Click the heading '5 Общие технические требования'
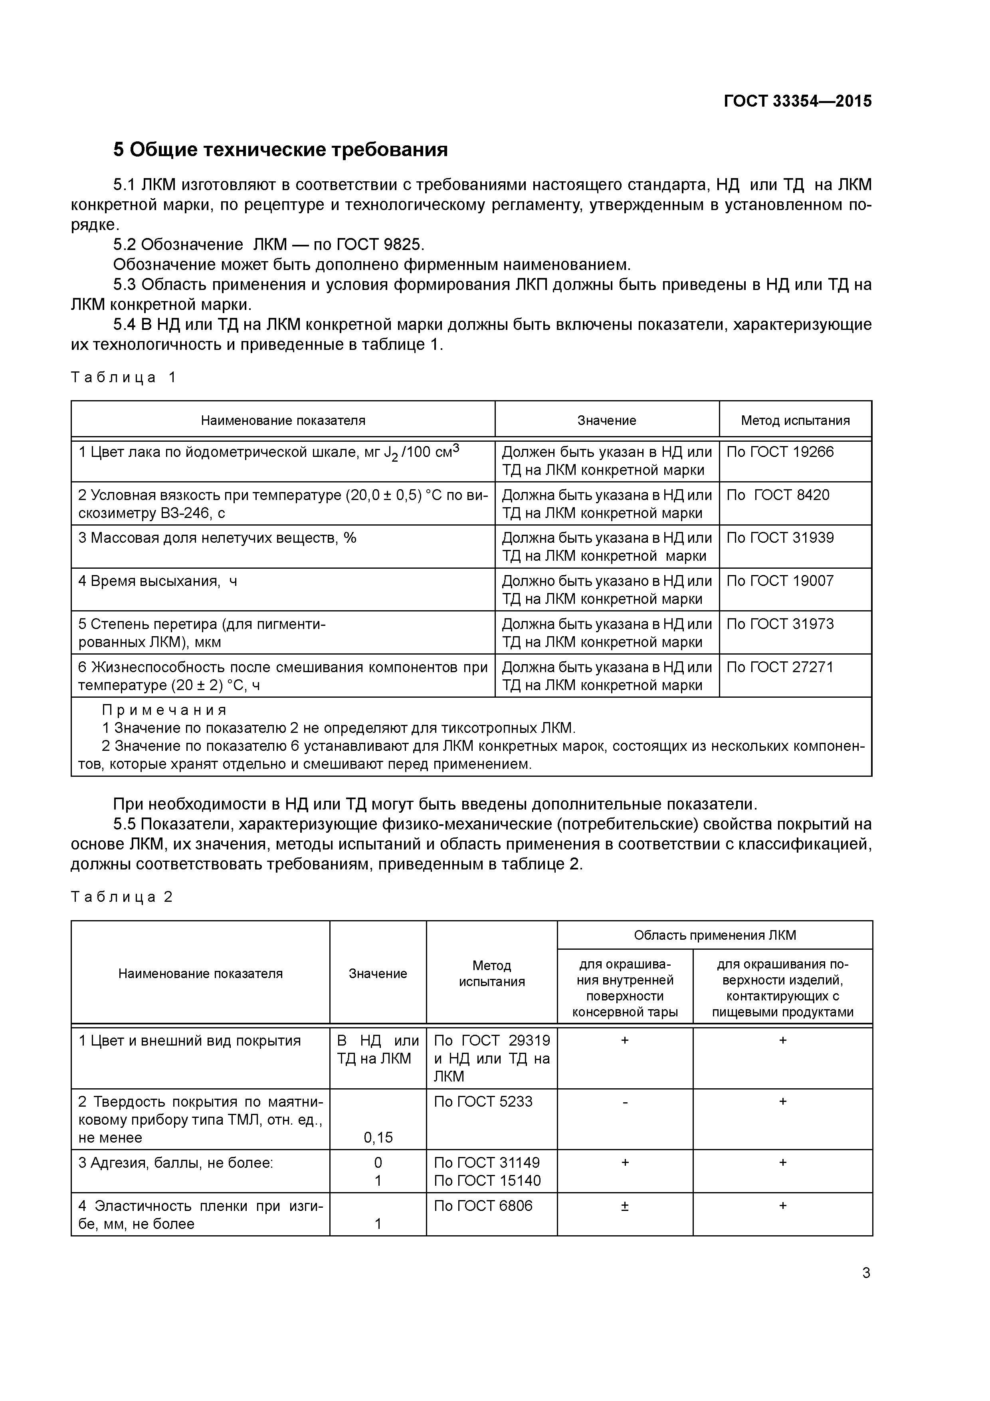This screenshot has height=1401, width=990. (x=281, y=149)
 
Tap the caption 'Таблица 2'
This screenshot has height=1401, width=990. (x=122, y=896)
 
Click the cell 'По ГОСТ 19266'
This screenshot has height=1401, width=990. (x=780, y=452)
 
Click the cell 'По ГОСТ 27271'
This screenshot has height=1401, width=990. (x=780, y=667)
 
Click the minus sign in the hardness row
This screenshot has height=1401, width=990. (x=625, y=1102)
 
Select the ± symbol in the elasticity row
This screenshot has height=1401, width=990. (x=625, y=1206)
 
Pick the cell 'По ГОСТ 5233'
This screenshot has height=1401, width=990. (x=483, y=1101)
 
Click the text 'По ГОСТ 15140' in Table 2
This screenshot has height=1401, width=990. (x=487, y=1181)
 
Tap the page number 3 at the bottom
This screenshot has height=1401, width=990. (x=866, y=1273)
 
